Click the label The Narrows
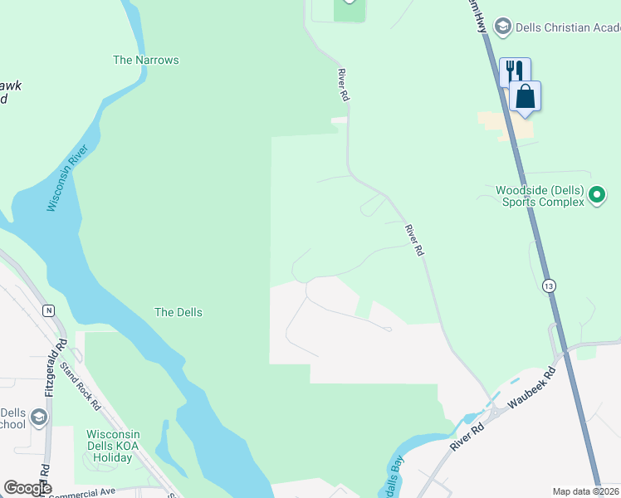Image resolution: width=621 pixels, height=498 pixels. [146, 60]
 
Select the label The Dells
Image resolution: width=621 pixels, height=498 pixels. [178, 312]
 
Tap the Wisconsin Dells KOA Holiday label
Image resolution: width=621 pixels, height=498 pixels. [113, 447]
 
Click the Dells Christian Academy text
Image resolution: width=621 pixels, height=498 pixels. [568, 27]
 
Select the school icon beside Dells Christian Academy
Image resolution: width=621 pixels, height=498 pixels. [501, 27]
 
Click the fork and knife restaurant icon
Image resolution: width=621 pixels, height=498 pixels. [515, 71]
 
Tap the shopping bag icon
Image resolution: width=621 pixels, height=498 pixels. [526, 95]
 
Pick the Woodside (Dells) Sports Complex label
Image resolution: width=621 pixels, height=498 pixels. [540, 196]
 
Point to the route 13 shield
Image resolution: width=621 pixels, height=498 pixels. [549, 286]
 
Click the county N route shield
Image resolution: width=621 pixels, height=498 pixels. [49, 310]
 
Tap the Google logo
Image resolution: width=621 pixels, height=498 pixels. [27, 489]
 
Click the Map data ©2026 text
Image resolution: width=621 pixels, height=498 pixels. [586, 491]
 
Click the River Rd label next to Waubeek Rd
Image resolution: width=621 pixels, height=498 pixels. [467, 438]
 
